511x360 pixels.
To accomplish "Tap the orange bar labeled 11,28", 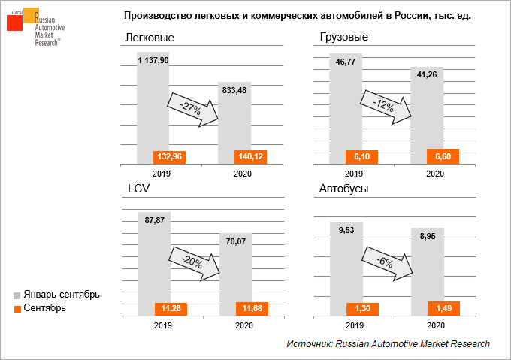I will [x=154, y=309].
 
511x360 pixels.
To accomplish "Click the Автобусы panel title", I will [x=344, y=189].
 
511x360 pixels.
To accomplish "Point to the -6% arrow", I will [x=388, y=262].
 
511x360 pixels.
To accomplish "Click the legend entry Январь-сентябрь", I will [x=61, y=294].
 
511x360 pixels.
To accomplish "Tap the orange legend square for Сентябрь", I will [x=17, y=308].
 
